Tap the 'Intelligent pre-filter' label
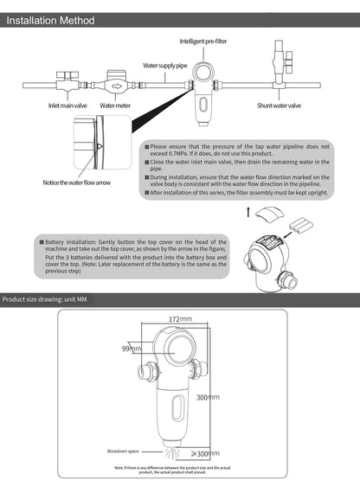204,41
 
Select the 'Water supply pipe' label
164,66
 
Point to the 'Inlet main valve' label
67,106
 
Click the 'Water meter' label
114,106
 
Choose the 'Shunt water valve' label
279,106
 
